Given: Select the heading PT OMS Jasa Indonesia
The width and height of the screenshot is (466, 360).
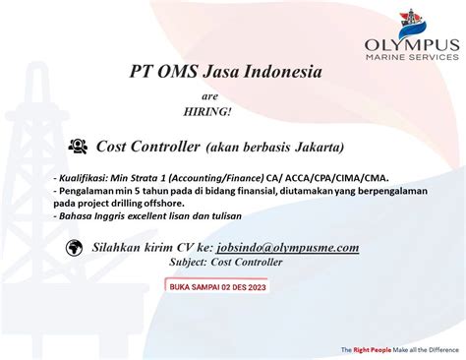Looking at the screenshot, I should pos(225,72).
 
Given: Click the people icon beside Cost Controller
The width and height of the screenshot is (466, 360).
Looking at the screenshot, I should pos(78,147).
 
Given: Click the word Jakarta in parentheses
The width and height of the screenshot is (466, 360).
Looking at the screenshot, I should pos(314,148).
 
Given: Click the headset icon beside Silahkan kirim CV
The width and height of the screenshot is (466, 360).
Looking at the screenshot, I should pos(70,248).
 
